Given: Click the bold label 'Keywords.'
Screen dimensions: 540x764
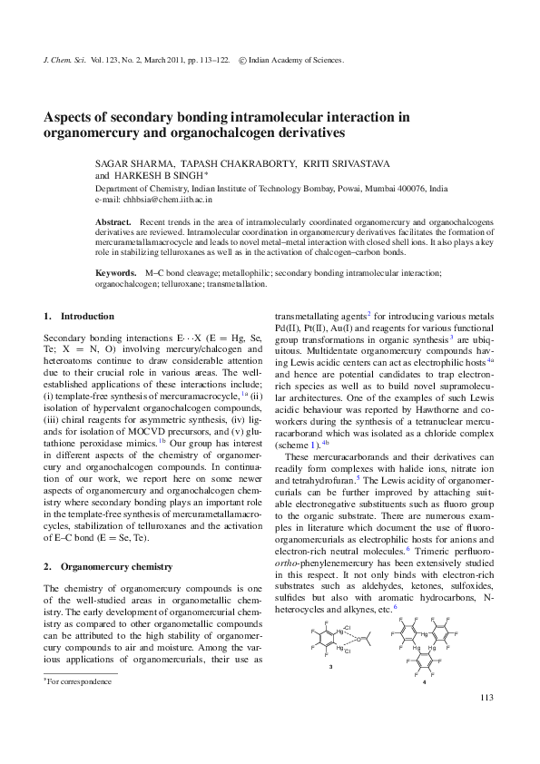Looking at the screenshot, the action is tap(115, 272).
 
